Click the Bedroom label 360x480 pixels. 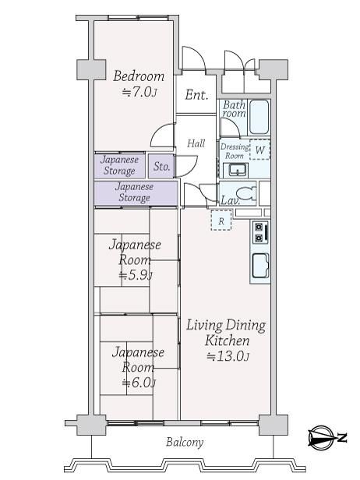(139, 76)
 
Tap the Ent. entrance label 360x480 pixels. (196, 95)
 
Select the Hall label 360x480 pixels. (196, 143)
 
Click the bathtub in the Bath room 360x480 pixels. (259, 117)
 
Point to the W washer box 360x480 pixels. (260, 150)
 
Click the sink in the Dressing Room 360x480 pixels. (235, 170)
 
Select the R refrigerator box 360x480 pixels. (221, 221)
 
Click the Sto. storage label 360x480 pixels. (161, 166)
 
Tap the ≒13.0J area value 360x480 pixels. (228, 356)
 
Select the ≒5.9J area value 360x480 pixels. (136, 275)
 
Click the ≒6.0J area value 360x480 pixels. (139, 383)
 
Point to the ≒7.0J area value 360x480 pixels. (139, 92)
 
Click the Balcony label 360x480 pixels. (185, 443)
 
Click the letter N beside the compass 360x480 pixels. (342, 438)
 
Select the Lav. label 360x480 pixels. (230, 200)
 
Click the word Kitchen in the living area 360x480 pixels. (228, 341)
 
